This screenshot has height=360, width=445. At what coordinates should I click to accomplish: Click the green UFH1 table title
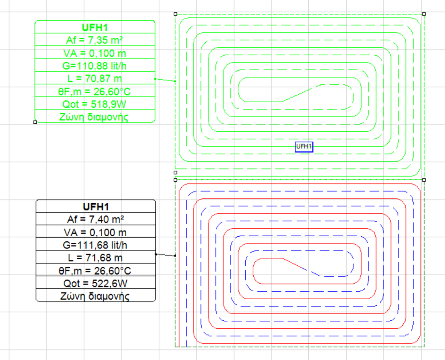click(x=95, y=27)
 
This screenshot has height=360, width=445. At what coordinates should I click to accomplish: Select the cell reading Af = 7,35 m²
click(x=95, y=40)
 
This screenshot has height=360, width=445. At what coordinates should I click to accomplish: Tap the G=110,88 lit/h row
click(x=95, y=66)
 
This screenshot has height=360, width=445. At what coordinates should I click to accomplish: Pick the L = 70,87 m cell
click(x=95, y=78)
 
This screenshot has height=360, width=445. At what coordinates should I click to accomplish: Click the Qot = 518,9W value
click(x=95, y=104)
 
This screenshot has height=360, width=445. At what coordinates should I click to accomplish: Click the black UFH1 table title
click(x=96, y=207)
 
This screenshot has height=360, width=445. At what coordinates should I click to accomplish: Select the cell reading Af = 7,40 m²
click(x=96, y=219)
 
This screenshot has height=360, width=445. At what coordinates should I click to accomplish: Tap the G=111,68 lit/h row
click(x=96, y=245)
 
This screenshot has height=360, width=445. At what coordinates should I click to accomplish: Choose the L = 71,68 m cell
click(x=96, y=258)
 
